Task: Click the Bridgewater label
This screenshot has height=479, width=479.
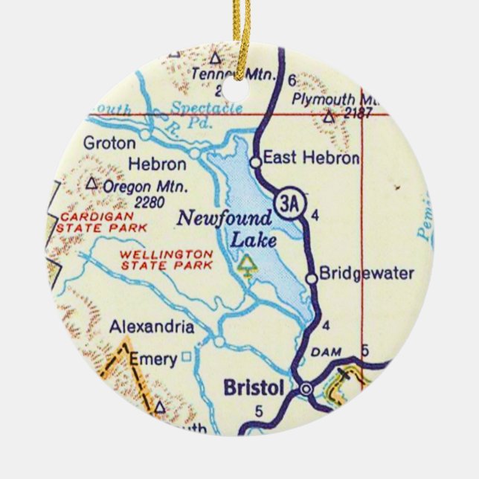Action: pos(366,274)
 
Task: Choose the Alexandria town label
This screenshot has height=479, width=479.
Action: pos(152,327)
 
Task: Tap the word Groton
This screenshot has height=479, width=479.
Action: pos(109,142)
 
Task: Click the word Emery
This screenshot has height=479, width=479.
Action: pos(153,360)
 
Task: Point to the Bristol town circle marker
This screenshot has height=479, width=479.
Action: pos(306,388)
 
